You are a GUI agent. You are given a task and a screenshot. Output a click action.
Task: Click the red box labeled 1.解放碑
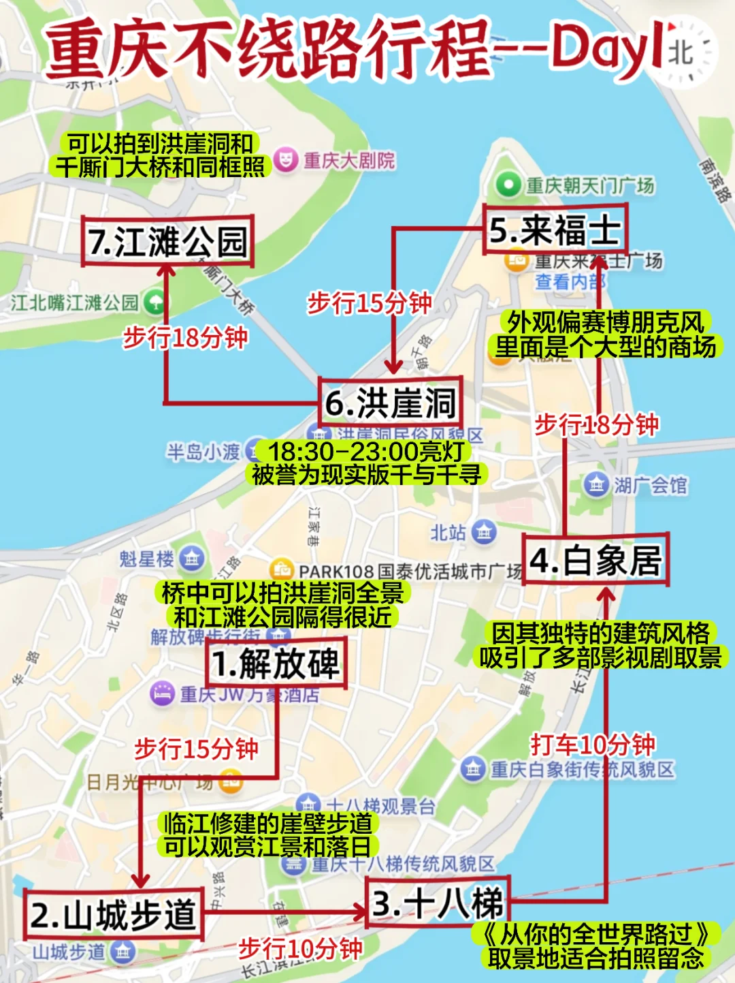click(276, 664)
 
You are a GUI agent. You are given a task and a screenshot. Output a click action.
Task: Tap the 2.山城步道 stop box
click(114, 914)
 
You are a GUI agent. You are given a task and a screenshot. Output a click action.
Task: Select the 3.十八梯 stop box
click(438, 903)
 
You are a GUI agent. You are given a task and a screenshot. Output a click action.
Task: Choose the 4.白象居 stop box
click(595, 560)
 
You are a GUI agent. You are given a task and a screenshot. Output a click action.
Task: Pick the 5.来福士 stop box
click(555, 230)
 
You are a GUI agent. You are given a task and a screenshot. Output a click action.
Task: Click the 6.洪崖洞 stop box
click(391, 402)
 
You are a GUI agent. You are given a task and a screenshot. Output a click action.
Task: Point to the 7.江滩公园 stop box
click(167, 241)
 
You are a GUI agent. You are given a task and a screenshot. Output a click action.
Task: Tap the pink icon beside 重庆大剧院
click(286, 161)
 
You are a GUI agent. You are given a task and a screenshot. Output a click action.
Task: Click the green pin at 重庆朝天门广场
click(508, 185)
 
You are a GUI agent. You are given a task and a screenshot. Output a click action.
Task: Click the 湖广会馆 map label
click(650, 485)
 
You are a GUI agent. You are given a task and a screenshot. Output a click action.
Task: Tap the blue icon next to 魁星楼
click(191, 559)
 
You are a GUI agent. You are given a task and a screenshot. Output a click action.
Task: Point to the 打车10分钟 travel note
click(593, 745)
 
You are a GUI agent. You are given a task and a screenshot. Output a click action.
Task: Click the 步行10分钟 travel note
click(300, 948)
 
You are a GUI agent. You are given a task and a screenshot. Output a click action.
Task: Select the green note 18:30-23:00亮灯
click(366, 451)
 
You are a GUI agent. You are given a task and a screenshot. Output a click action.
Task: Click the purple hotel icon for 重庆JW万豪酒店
click(162, 693)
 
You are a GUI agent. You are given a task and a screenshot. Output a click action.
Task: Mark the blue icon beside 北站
click(483, 532)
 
